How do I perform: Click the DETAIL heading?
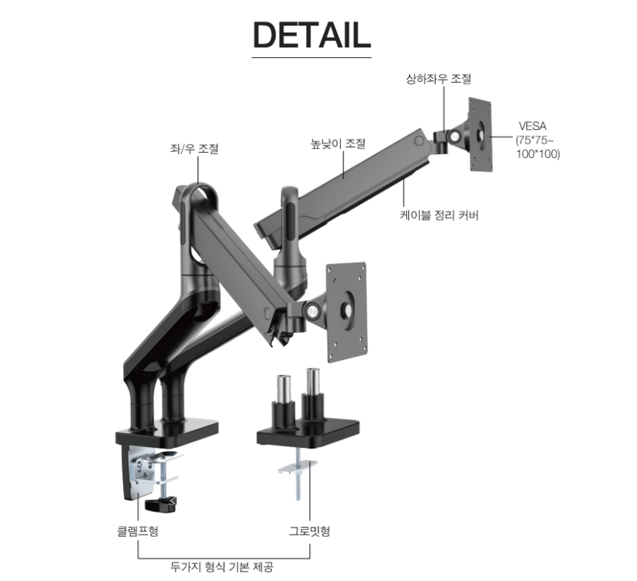tap(312, 36)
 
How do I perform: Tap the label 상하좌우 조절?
tap(439, 78)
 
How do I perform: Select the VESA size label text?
tap(538, 139)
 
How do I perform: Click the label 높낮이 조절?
tap(338, 143)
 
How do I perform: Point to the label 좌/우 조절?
tap(195, 148)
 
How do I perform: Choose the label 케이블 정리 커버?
tap(439, 215)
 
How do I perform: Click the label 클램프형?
tap(137, 531)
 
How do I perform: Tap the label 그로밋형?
tap(309, 531)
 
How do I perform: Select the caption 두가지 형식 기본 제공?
tap(222, 566)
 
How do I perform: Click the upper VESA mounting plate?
tap(480, 135)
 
